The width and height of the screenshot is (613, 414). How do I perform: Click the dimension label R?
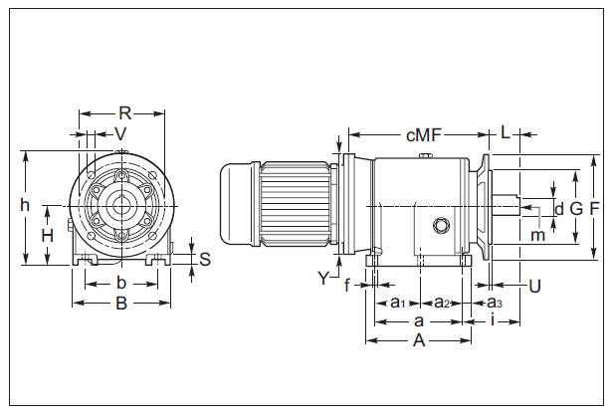(124, 111)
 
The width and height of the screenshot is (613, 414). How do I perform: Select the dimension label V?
(120, 132)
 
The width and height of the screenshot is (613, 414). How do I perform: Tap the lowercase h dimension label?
(25, 204)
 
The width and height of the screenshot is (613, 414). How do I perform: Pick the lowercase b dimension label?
(120, 284)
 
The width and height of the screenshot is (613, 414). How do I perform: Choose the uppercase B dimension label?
(120, 304)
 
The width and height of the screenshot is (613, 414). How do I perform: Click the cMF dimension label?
(424, 132)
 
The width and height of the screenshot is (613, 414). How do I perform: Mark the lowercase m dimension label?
(537, 235)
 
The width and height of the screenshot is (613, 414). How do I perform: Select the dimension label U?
(534, 286)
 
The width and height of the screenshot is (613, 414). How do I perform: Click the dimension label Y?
(323, 278)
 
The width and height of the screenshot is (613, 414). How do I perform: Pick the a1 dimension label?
(396, 302)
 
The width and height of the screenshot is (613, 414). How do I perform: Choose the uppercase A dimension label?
(419, 340)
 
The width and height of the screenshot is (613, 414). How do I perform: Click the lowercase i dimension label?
(494, 320)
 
